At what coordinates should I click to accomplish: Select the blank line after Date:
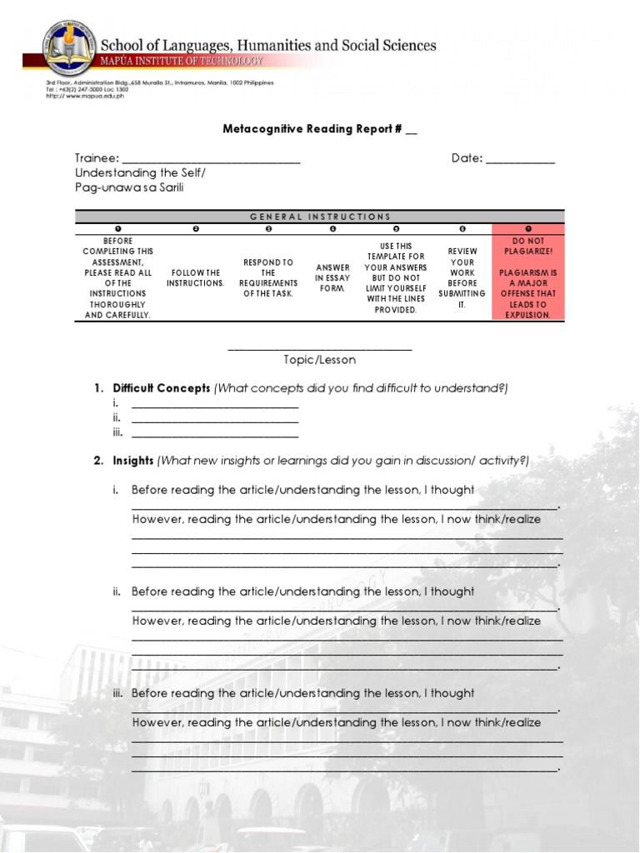520,159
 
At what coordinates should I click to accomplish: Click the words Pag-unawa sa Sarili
129,187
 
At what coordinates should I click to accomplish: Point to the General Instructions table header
320,217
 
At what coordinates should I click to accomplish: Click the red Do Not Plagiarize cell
528,278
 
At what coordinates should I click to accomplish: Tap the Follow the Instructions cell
196,278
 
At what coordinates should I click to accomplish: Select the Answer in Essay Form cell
332,278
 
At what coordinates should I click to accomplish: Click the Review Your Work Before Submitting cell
462,278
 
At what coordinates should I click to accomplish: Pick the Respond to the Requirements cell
267,278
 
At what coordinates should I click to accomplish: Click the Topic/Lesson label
319,360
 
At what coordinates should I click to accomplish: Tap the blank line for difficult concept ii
215,418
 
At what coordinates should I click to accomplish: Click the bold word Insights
133,461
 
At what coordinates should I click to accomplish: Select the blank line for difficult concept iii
215,433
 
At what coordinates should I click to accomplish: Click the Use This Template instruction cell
396,278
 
